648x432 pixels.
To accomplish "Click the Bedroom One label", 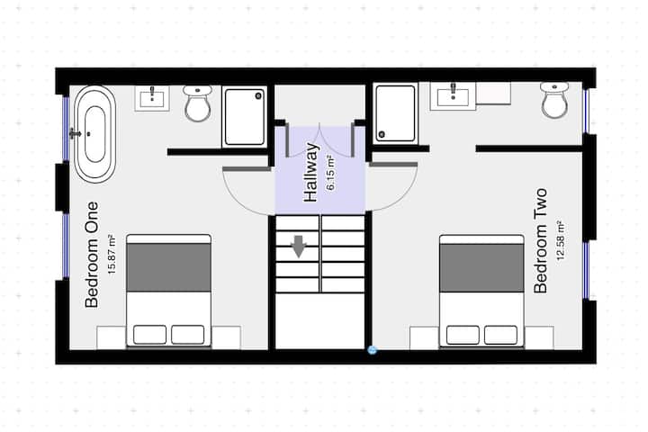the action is (x=92, y=255).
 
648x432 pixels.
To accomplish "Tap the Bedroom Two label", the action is (x=541, y=241).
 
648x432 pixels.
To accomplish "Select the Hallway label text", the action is (x=310, y=173).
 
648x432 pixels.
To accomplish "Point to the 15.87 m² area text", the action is (x=112, y=254).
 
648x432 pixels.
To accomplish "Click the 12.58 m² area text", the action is (x=561, y=240).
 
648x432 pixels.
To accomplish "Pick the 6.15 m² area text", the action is (x=330, y=173).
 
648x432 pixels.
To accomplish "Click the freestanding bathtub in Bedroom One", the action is (x=94, y=134).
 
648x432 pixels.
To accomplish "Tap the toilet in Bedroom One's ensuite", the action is (x=197, y=103).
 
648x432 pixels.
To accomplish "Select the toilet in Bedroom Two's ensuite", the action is (x=554, y=100).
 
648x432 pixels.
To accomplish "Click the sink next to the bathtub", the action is (x=152, y=98).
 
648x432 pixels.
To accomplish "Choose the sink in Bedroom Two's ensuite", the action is (x=454, y=96).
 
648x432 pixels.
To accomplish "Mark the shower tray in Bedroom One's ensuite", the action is (x=244, y=117).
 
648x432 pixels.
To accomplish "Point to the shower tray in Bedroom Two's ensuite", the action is (x=395, y=113).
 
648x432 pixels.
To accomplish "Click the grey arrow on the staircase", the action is (x=299, y=247).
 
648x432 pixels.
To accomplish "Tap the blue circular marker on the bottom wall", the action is (x=372, y=350).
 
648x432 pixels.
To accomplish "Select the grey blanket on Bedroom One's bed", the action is (x=168, y=267).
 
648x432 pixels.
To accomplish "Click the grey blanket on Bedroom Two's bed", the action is (x=481, y=268).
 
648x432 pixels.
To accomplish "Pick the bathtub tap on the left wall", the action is (x=75, y=133).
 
